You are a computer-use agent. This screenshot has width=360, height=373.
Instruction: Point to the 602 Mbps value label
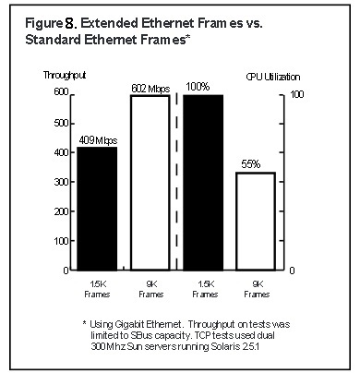pos(148,87)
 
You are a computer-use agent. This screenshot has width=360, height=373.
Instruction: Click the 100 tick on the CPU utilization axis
pos(297,93)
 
